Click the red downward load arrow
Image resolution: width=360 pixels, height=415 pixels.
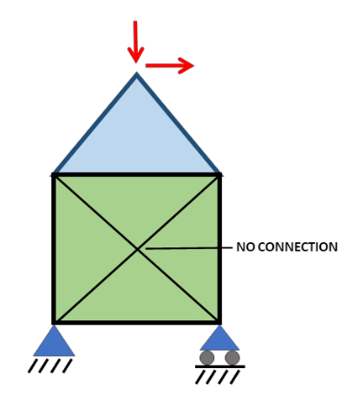(x=135, y=42)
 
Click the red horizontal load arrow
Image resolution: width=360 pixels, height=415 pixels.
(x=169, y=66)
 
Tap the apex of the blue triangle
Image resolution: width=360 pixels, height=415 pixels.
(x=136, y=73)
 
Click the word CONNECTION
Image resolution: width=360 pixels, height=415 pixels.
(x=298, y=247)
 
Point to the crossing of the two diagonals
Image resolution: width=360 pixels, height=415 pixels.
(x=137, y=248)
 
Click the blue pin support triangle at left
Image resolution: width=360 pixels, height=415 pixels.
(x=54, y=340)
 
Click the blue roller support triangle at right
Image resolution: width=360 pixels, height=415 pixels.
(x=219, y=338)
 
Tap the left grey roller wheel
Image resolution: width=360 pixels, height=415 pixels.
(x=207, y=358)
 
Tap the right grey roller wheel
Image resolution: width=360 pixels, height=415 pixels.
(x=232, y=358)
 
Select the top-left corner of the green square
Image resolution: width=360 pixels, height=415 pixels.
(x=54, y=175)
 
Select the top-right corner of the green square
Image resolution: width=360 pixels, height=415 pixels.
(x=219, y=175)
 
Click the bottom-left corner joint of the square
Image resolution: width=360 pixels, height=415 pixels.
(x=54, y=322)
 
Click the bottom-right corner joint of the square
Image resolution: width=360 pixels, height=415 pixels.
(x=219, y=322)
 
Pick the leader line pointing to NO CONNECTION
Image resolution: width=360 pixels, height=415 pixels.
(x=189, y=248)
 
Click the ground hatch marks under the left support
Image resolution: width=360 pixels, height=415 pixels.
(x=50, y=366)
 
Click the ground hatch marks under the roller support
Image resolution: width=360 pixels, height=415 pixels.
(x=218, y=378)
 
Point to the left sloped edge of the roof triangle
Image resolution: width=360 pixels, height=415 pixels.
(x=95, y=124)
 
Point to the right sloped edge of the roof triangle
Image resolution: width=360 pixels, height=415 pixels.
(x=179, y=124)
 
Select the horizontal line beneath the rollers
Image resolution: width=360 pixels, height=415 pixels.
(x=220, y=366)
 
